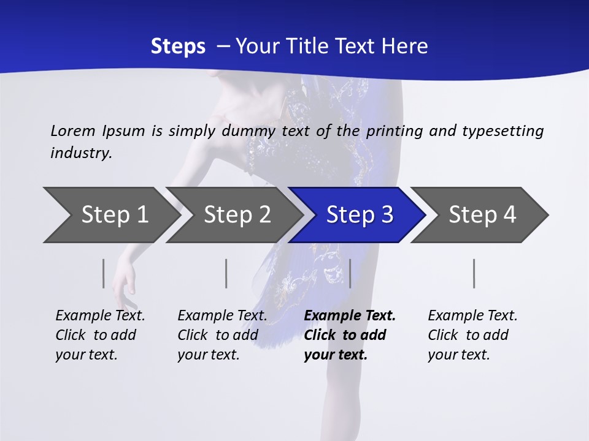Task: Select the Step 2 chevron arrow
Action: [x=237, y=215]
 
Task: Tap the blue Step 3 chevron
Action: [x=360, y=215]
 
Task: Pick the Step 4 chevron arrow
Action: [x=482, y=215]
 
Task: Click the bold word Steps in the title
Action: [x=178, y=47]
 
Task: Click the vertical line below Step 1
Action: [x=104, y=273]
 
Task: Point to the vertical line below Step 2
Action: [x=226, y=273]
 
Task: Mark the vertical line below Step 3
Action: [x=350, y=273]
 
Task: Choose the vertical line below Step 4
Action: [x=474, y=273]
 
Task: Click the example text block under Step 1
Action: [x=100, y=335]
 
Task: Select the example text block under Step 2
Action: [x=222, y=335]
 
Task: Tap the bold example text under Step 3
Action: [x=350, y=335]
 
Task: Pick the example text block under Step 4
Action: [x=472, y=335]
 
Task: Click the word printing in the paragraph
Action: [x=393, y=131]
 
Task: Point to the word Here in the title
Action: [x=404, y=47]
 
